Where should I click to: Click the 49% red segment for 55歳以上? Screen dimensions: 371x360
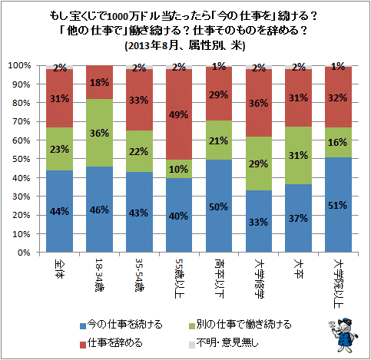(179, 114)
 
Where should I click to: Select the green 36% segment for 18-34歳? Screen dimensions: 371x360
(99, 133)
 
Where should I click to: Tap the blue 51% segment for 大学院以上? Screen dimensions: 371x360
(338, 205)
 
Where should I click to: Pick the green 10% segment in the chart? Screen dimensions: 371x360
(179, 169)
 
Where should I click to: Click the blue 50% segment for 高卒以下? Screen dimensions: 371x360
(219, 206)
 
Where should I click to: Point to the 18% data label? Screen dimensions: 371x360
(99, 82)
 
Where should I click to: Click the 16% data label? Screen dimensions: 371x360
(338, 142)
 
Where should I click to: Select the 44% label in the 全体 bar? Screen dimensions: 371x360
(59, 212)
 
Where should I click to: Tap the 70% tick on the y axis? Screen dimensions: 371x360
(22, 121)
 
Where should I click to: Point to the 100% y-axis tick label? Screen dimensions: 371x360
(19, 65)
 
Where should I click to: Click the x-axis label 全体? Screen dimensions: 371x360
(60, 269)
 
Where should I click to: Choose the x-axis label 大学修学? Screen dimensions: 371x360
(260, 279)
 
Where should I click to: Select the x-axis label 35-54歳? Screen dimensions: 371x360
(140, 276)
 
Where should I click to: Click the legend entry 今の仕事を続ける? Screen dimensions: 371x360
(121, 325)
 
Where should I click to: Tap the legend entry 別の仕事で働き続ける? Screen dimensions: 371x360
(240, 325)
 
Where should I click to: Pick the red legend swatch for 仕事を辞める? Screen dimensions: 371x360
(83, 345)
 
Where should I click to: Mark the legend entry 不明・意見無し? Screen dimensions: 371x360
(224, 343)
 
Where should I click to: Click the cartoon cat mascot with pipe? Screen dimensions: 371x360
(343, 335)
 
